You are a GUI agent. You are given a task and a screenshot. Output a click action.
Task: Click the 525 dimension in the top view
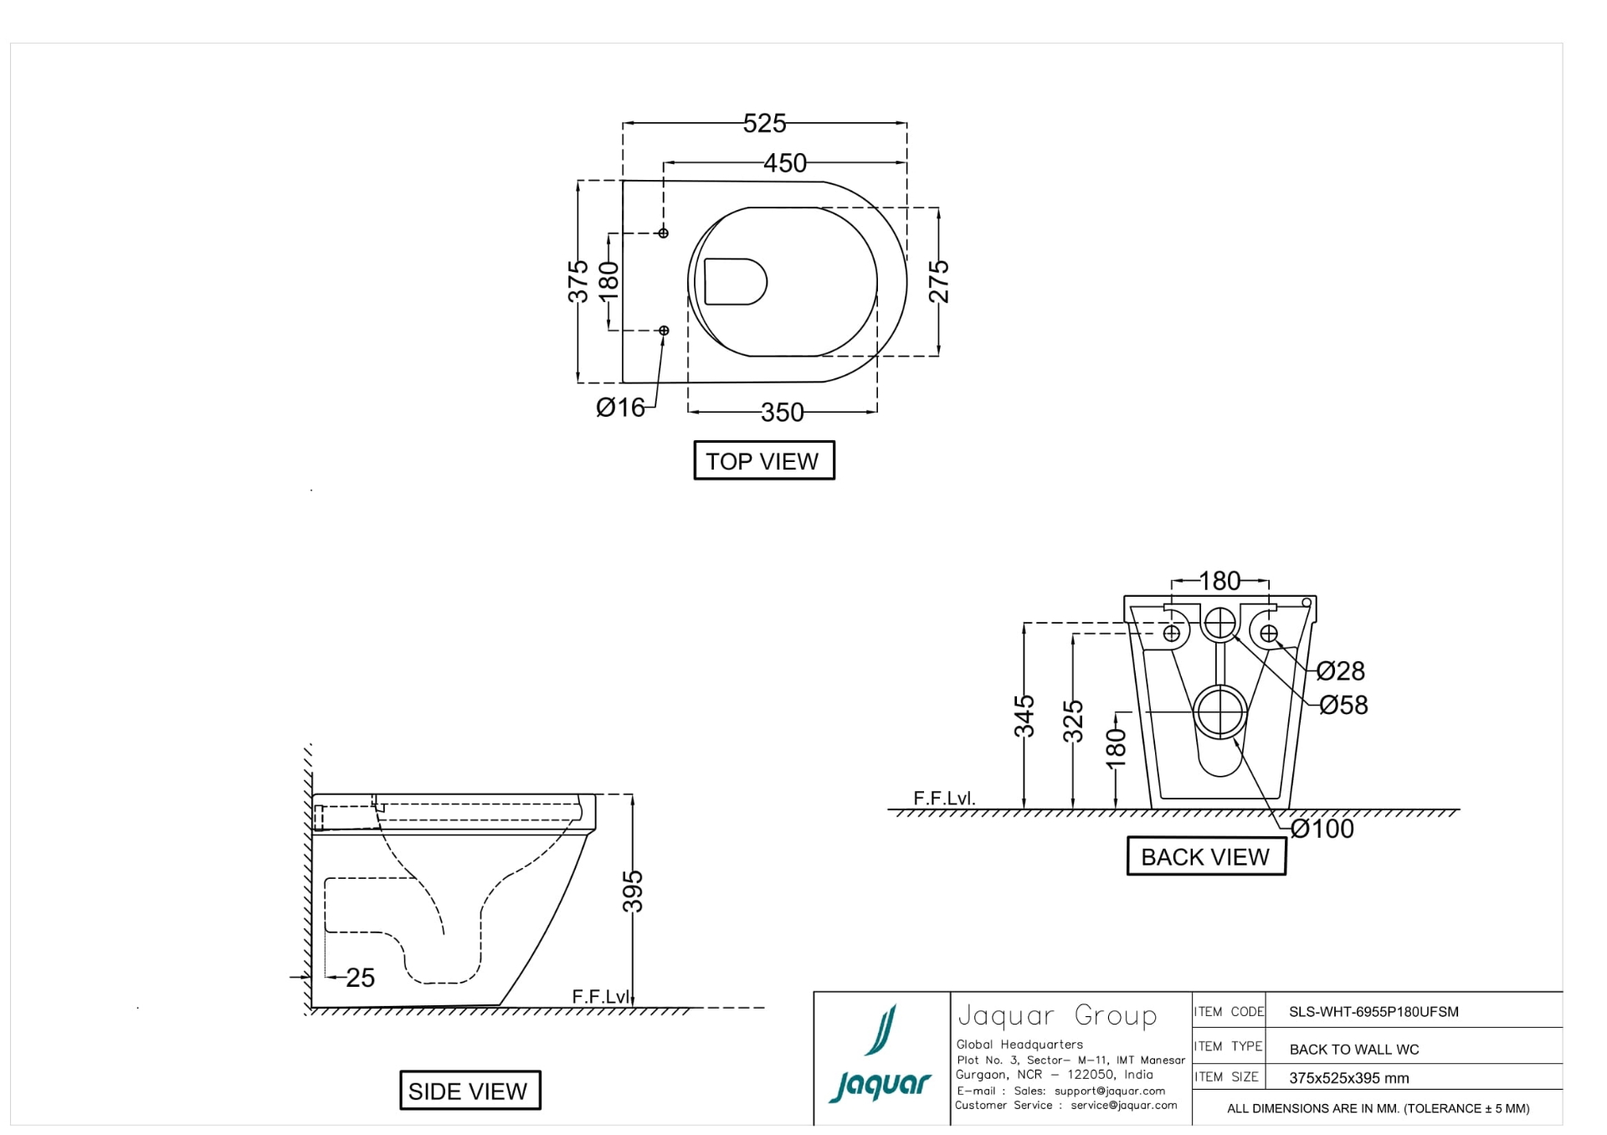pos(764,124)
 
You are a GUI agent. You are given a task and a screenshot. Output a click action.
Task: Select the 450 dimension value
pos(784,163)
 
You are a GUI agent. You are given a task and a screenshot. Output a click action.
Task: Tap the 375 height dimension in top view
pos(578,281)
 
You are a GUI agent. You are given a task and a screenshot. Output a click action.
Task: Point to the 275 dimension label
pos(939,281)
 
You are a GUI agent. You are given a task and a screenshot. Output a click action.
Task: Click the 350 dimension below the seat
pos(782,412)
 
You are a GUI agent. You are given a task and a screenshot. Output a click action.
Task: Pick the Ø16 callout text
pos(620,408)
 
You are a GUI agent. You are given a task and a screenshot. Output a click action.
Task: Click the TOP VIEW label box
pos(763,461)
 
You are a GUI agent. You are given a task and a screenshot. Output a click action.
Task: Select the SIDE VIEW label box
pos(470,1091)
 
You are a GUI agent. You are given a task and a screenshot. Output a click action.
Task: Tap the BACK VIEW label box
pos(1205,857)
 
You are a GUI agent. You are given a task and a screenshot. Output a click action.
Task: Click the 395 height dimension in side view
pos(634,891)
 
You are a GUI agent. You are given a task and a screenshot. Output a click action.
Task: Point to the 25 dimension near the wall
pos(360,978)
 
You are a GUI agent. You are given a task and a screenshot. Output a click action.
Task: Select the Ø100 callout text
pos(1322,829)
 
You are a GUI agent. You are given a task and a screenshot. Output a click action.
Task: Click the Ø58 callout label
pos(1343,706)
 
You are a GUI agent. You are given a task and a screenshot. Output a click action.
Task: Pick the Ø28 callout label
pos(1340,671)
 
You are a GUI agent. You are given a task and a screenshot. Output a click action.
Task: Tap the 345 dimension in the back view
pos(1024,716)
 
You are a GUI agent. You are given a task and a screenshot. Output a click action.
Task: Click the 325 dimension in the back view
pos(1073,721)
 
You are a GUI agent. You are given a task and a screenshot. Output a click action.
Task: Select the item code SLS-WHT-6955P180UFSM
pos(1373,1012)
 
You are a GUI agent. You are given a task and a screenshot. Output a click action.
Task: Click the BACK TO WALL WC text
pos(1353,1050)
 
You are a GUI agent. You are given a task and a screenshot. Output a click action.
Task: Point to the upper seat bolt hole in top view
pos(664,233)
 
